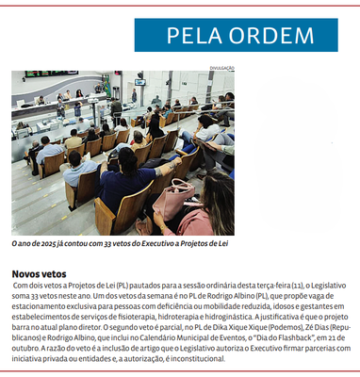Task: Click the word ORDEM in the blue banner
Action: tap(276, 36)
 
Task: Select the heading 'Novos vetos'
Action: tap(39, 271)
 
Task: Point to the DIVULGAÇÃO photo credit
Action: tap(221, 67)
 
